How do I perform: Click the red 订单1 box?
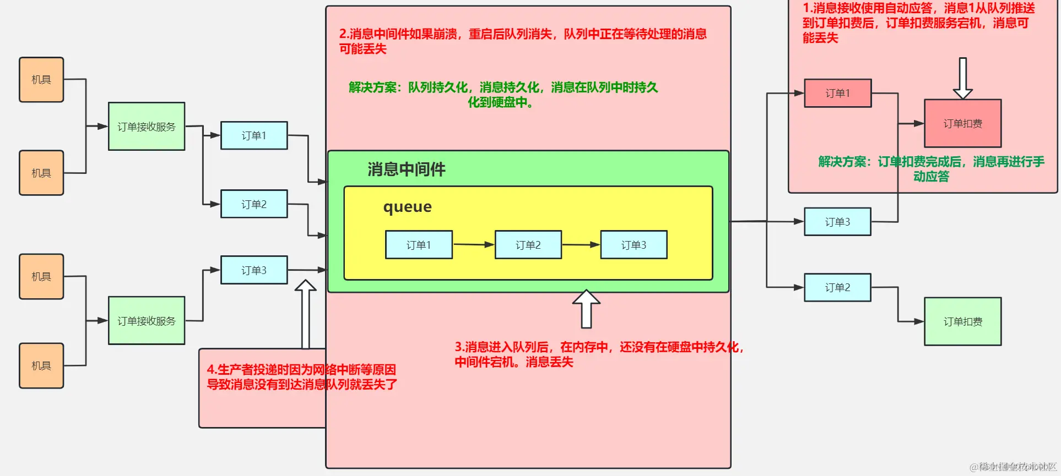tap(837, 93)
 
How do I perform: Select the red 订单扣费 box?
tap(962, 123)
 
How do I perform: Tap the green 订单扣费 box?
tap(962, 321)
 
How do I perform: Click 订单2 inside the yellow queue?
tap(528, 245)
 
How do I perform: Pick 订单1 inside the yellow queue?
tap(419, 245)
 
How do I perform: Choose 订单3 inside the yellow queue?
tap(634, 245)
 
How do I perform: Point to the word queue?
tap(407, 207)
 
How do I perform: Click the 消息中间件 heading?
tap(407, 169)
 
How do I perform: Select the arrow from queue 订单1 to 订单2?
tap(473, 244)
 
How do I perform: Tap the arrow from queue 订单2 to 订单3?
tap(581, 244)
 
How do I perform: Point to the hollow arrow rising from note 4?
tap(305, 314)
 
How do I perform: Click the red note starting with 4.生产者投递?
tap(301, 377)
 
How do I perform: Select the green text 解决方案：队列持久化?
tap(503, 95)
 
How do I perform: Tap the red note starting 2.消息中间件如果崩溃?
tap(522, 41)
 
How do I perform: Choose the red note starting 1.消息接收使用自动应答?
tap(918, 23)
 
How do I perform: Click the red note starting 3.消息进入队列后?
tap(598, 354)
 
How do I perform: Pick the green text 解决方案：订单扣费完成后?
tap(931, 169)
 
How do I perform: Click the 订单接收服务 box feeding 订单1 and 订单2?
tap(147, 127)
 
